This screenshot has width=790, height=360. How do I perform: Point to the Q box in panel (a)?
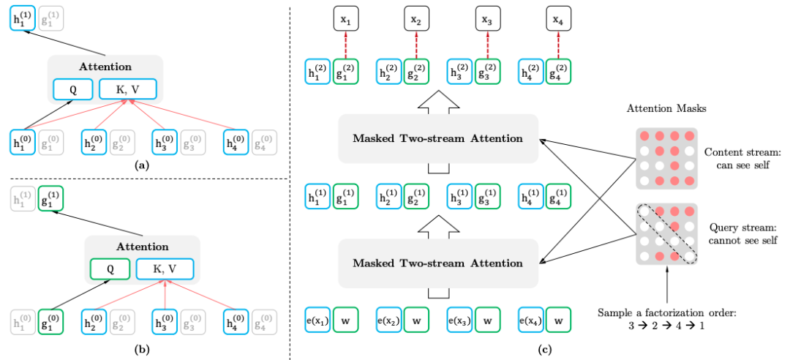point(72,90)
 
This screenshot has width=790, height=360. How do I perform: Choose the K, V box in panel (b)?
point(165,269)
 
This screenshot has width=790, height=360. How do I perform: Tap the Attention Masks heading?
point(665,108)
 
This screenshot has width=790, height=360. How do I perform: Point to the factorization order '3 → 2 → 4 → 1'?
point(667,325)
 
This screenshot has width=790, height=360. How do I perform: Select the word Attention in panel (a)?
point(105,66)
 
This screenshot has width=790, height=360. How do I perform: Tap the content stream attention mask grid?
point(666,159)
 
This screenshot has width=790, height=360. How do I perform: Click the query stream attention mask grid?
point(666,234)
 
